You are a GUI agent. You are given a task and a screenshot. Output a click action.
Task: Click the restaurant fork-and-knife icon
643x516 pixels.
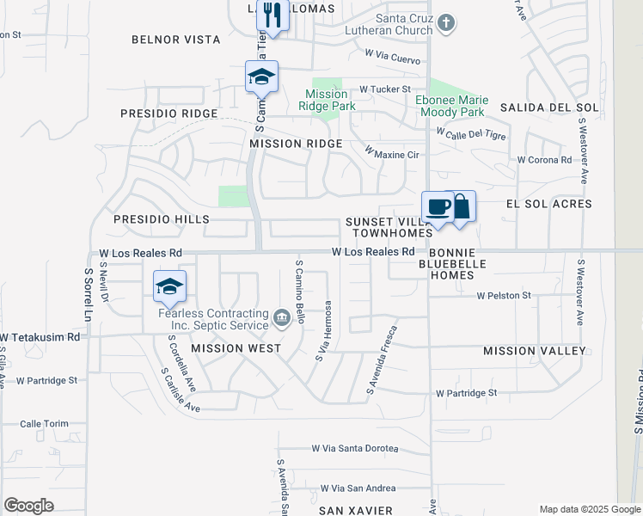click(273, 15)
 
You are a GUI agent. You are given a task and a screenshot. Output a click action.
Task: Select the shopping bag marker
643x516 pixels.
click(461, 207)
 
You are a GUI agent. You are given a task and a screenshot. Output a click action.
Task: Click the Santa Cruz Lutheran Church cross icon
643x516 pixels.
click(445, 22)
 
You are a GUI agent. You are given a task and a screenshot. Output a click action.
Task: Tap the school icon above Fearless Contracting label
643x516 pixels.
click(170, 286)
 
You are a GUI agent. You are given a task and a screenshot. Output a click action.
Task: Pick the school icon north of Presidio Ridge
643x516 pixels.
click(261, 77)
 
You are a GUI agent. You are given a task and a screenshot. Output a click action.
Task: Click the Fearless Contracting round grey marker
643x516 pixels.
click(282, 319)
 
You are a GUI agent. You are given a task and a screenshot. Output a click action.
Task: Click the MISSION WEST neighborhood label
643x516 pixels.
click(236, 348)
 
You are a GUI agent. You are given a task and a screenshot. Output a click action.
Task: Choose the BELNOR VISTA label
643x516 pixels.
click(175, 40)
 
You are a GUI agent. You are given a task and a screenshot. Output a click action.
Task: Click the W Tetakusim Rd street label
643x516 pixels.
click(40, 337)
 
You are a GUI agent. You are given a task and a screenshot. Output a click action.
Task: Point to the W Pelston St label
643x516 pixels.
click(505, 296)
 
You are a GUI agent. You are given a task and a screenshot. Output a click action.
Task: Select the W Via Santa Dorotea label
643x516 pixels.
click(355, 448)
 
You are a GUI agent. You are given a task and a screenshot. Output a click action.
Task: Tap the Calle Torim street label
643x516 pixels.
click(43, 424)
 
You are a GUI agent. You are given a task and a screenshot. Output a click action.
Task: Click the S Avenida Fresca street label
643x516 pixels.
click(383, 360)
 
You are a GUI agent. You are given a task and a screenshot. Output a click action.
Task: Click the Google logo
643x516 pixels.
click(28, 506)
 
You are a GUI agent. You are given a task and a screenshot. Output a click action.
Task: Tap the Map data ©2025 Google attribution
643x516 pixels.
click(589, 509)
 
